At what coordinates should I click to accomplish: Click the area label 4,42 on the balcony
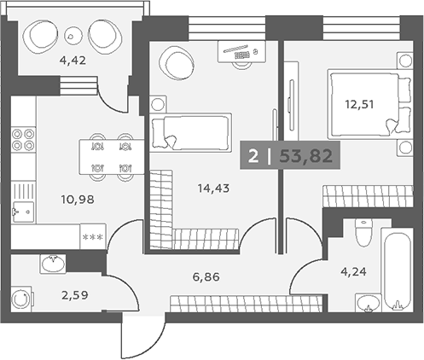pos(73,61)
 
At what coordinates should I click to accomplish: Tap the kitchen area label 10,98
pos(78,200)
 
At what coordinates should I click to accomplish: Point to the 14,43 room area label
pos(213,188)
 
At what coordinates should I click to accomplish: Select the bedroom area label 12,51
pos(359,105)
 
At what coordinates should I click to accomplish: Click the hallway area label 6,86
pos(206,276)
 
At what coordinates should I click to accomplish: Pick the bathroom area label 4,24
pos(353,272)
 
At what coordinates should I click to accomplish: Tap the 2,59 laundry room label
pos(75,295)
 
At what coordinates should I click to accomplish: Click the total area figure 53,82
pos(306,156)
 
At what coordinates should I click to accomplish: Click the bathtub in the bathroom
pos(398,270)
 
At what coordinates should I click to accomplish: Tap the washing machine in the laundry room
pos(21,299)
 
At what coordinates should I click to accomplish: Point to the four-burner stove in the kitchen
pos(23,139)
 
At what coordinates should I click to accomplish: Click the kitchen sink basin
pos(23,212)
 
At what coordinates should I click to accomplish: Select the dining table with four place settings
pos(112,157)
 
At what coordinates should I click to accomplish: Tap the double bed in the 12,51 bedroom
pos(369,104)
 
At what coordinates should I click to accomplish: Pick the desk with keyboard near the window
pos(241,51)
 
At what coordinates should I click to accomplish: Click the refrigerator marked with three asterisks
pos(93,236)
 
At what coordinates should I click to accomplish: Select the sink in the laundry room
pos(53,264)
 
